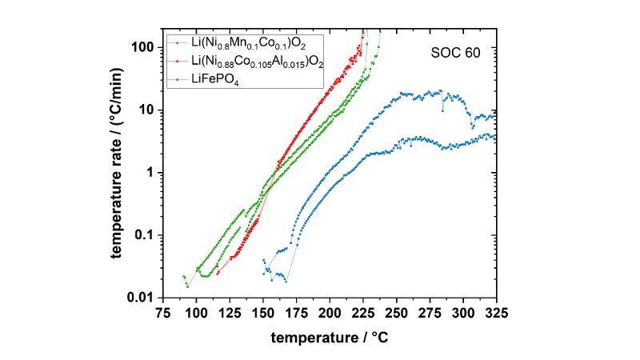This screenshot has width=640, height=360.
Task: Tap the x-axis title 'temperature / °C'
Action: tap(330, 338)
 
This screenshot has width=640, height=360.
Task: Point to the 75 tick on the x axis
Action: tap(163, 313)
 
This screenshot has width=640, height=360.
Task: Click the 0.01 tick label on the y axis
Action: tap(144, 298)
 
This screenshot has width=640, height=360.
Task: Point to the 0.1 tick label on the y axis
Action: tap(147, 235)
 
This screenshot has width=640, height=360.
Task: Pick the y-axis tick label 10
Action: tap(150, 110)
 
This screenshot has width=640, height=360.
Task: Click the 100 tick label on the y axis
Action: tap(146, 47)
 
